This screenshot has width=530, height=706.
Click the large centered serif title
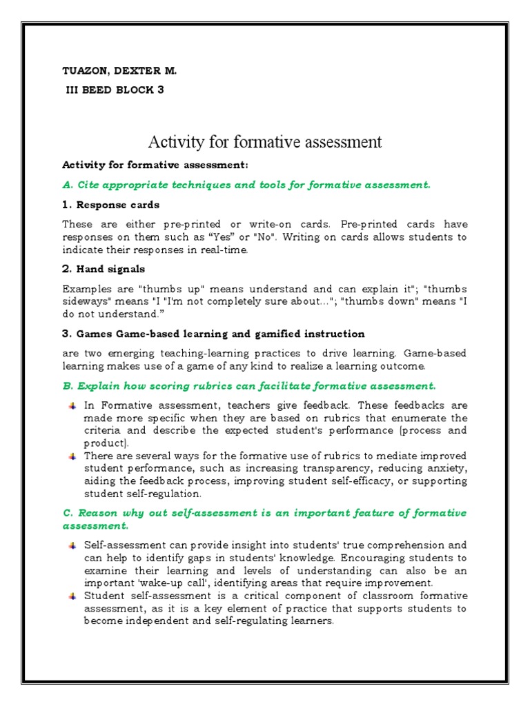(265, 142)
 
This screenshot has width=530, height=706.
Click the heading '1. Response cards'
(110, 205)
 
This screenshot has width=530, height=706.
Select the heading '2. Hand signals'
(104, 269)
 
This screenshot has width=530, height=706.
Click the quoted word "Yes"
(233, 237)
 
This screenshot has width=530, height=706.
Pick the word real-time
(224, 250)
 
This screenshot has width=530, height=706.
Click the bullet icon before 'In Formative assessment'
(72, 405)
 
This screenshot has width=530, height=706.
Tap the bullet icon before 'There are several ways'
(72, 456)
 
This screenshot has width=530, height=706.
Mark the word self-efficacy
(360, 481)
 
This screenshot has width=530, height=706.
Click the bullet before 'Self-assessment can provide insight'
(72, 545)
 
